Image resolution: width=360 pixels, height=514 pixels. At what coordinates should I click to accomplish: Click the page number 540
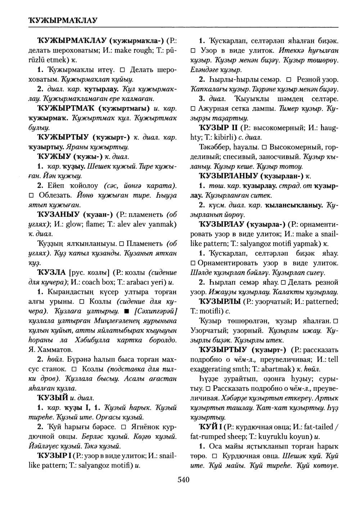tap(184, 479)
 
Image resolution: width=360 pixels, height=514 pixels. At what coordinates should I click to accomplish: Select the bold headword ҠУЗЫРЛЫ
tap(220, 301)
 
